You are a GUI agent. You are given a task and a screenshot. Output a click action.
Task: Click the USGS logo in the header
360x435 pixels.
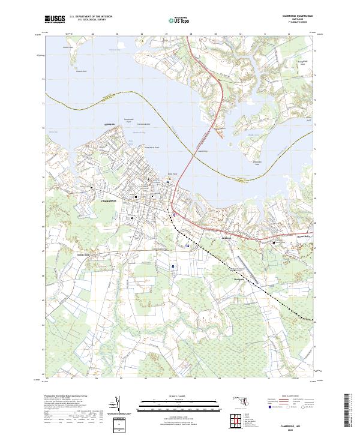click(55, 19)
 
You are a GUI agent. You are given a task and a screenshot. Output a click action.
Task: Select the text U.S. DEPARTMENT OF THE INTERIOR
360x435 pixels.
click(91, 16)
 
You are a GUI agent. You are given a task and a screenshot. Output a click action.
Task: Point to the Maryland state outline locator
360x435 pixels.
click(241, 400)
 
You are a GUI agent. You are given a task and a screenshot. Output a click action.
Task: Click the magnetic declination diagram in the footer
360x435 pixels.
click(118, 406)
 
